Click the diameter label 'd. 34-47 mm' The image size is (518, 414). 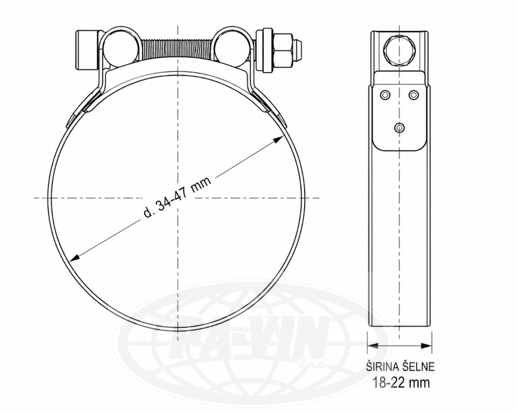[x=177, y=197]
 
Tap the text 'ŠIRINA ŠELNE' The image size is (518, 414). [x=400, y=367]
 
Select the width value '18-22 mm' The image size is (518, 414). [x=401, y=382]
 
